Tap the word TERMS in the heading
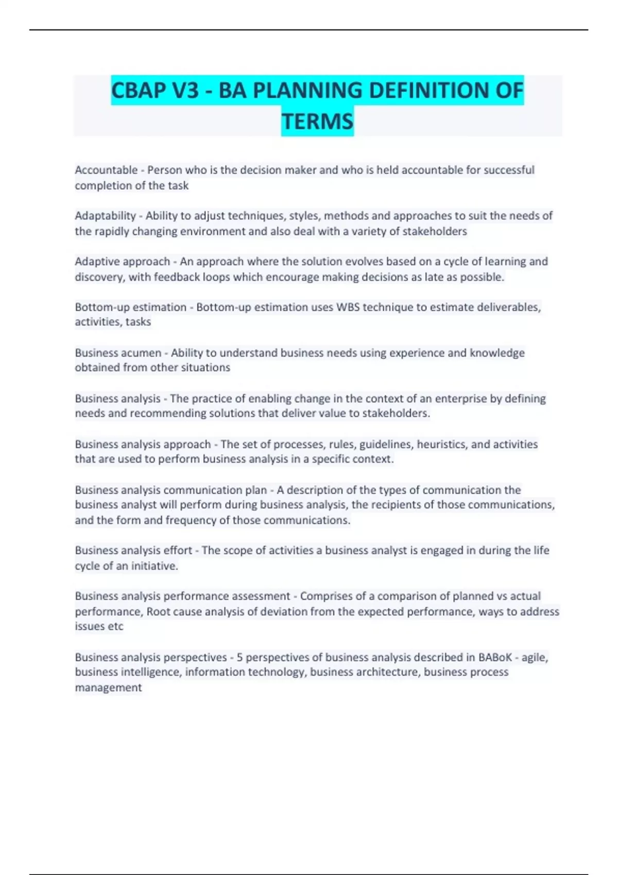pyautogui.click(x=317, y=122)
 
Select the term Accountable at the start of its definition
pyautogui.click(x=106, y=170)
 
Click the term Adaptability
pyautogui.click(x=105, y=216)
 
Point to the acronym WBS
pyautogui.click(x=348, y=307)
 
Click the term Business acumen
pyautogui.click(x=118, y=353)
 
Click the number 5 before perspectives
pyautogui.click(x=240, y=657)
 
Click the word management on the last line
pyautogui.click(x=108, y=688)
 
